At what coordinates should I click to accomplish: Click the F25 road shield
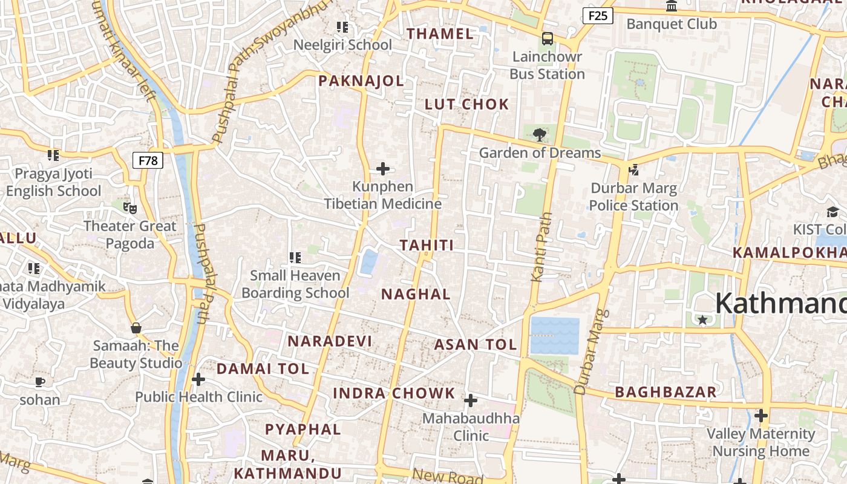(x=597, y=15)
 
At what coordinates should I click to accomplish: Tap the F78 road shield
(x=148, y=160)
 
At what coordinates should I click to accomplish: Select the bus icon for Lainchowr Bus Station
(x=548, y=39)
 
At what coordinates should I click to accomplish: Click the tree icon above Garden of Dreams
(x=539, y=134)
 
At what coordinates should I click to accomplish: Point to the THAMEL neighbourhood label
(x=440, y=34)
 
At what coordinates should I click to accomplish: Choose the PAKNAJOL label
(x=361, y=81)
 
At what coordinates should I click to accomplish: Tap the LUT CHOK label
(x=467, y=104)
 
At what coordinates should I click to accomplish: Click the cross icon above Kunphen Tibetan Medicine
(x=383, y=169)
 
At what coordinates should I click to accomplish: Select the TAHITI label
(x=427, y=245)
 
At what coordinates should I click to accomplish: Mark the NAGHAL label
(x=416, y=295)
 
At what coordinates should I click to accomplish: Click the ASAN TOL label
(x=476, y=345)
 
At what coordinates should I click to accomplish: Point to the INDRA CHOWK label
(x=394, y=393)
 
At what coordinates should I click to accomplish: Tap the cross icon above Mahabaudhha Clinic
(x=471, y=401)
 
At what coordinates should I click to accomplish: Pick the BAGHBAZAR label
(x=665, y=392)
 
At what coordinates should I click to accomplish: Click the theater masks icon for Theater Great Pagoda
(x=129, y=208)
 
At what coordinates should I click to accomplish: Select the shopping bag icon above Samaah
(x=136, y=328)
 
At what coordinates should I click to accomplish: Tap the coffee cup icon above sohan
(x=40, y=382)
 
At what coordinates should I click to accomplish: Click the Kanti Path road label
(x=541, y=247)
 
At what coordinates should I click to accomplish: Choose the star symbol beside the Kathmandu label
(x=702, y=319)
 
